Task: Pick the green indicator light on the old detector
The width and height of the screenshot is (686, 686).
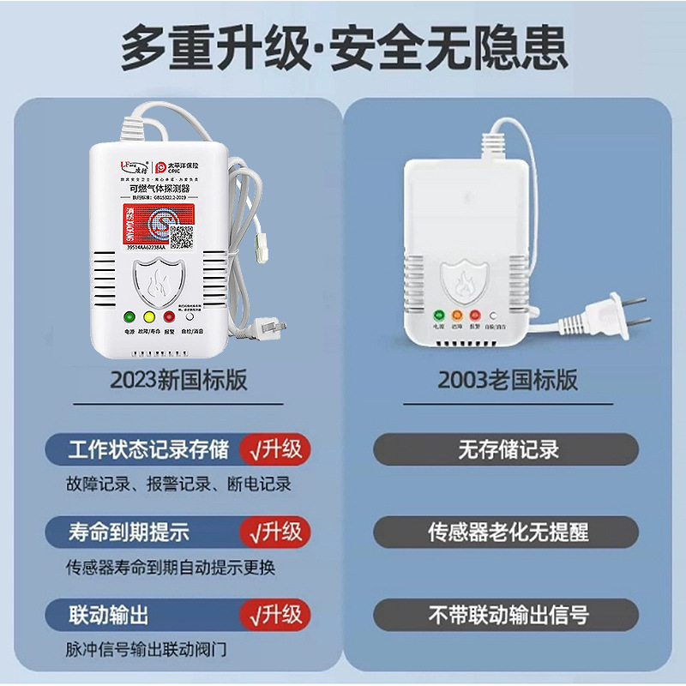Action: click(x=437, y=315)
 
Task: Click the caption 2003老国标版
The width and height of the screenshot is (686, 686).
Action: click(x=508, y=379)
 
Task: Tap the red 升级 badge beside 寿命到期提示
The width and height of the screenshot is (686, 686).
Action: click(x=275, y=532)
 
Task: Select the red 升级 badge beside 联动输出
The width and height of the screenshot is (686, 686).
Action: click(x=275, y=614)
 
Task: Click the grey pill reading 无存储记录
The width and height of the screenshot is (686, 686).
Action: click(x=507, y=449)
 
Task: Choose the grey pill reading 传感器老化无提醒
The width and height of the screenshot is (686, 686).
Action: click(x=507, y=532)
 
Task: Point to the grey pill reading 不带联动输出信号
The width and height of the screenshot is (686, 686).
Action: click(x=507, y=614)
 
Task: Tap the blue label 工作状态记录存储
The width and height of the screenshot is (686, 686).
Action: click(x=149, y=449)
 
